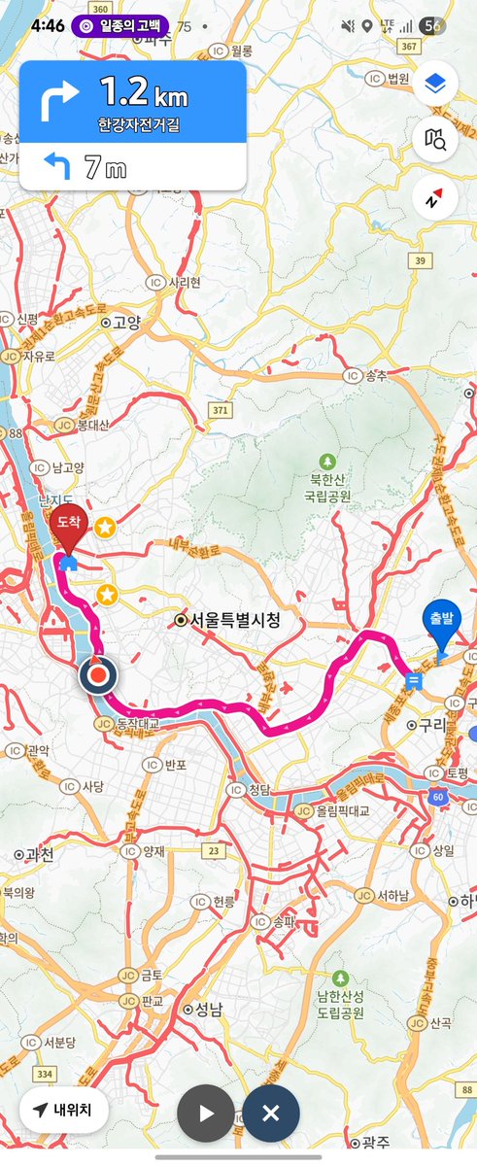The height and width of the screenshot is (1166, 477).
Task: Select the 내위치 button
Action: pos(63,1110)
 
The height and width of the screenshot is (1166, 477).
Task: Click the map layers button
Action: pos(434,85)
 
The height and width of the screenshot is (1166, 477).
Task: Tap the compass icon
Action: pos(434,198)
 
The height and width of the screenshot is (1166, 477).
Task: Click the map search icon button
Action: pos(434,141)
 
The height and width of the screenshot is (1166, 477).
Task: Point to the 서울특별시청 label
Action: pos(229,620)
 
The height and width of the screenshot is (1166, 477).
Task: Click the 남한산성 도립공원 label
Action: pos(340,1004)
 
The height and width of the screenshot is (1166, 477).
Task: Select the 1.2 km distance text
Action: pos(142,94)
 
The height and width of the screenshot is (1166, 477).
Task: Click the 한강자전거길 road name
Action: pos(132,125)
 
